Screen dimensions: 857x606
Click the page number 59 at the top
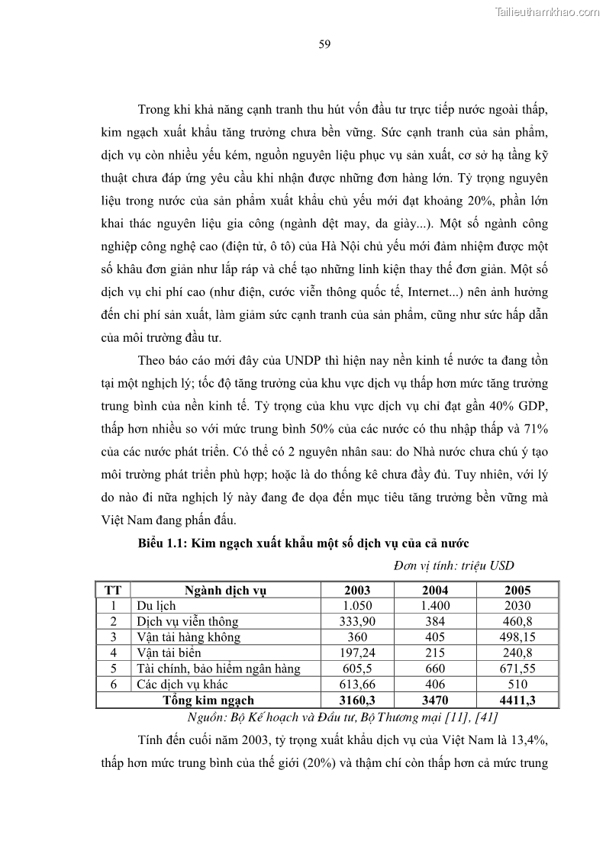(324, 43)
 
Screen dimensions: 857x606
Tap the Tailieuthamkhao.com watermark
(548, 11)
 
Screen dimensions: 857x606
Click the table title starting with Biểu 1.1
(303, 543)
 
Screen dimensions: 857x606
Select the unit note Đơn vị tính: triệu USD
(454, 565)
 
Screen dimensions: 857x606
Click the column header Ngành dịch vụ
(225, 590)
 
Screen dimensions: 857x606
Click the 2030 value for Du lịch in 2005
(517, 605)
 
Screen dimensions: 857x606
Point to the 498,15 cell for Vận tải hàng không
(517, 636)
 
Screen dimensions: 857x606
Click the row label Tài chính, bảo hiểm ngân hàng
(218, 669)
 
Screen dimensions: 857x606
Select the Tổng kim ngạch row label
(208, 700)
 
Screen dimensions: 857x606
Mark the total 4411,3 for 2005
(517, 700)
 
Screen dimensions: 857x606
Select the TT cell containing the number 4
(113, 652)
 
